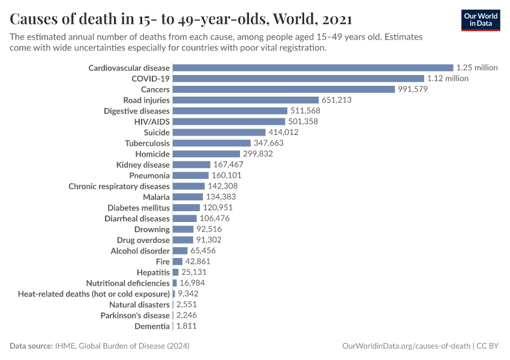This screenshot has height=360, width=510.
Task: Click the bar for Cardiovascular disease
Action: click(313, 68)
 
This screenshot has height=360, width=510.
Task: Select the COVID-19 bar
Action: click(298, 79)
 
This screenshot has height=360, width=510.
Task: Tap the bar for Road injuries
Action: click(245, 100)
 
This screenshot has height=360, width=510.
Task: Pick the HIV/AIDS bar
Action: click(229, 122)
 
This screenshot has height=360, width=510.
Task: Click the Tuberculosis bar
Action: click(211, 143)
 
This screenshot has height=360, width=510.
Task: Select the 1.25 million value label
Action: click(476, 68)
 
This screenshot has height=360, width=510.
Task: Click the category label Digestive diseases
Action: click(137, 111)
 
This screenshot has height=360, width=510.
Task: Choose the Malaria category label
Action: click(156, 197)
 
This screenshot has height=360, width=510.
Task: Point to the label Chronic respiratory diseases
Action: click(119, 186)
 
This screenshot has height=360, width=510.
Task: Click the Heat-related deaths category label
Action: click(94, 294)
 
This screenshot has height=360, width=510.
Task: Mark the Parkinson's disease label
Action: click(135, 315)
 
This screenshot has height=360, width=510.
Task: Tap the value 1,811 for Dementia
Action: click(186, 326)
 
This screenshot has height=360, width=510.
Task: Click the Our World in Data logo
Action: click(481, 20)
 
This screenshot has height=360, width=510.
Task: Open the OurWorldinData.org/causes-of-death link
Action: click(406, 346)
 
